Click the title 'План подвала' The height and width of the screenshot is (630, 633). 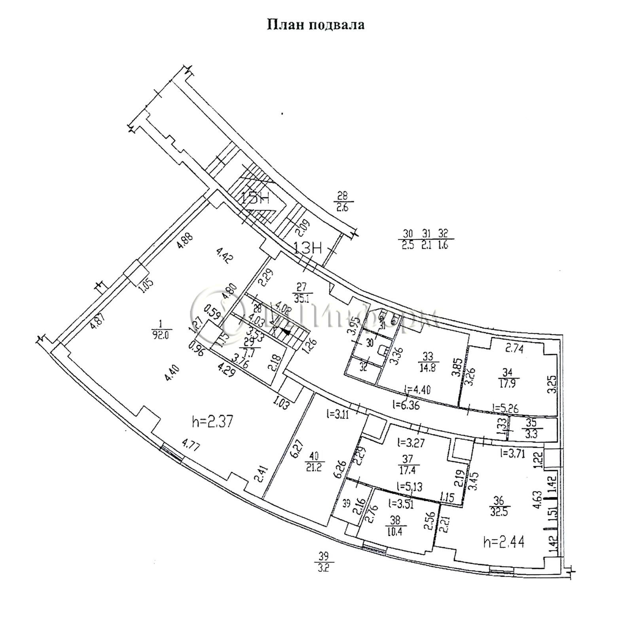315,25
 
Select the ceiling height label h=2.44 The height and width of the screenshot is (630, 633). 504,541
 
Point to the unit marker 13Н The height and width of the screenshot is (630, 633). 308,249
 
